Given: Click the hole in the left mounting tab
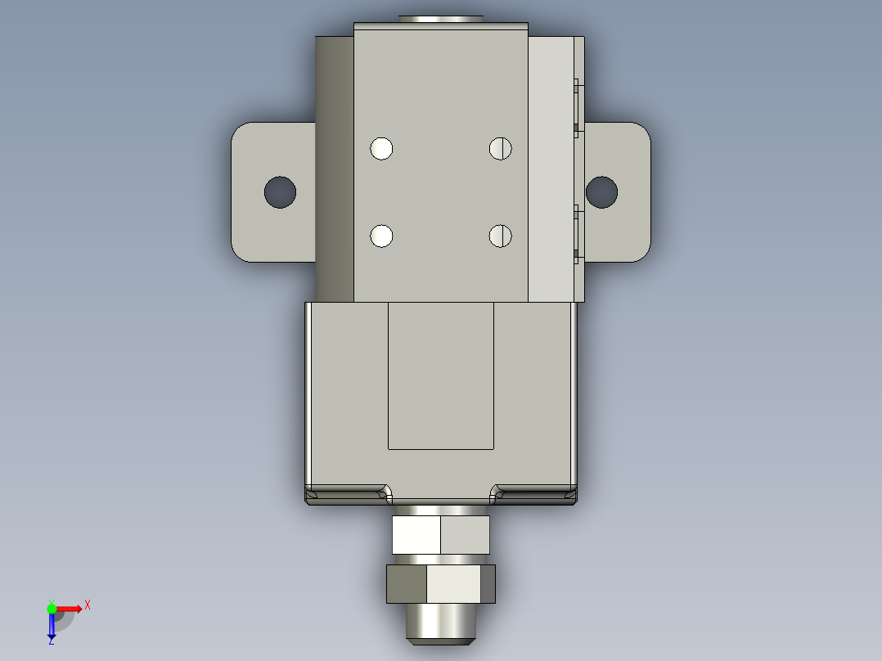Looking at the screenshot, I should pyautogui.click(x=280, y=191).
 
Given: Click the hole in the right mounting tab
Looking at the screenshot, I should pyautogui.click(x=601, y=191).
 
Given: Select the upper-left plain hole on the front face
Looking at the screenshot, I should pyautogui.click(x=381, y=148).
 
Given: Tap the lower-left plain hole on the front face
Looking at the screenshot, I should pyautogui.click(x=381, y=236).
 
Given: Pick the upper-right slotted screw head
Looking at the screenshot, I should pyautogui.click(x=500, y=148).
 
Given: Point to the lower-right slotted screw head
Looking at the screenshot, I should pyautogui.click(x=500, y=236).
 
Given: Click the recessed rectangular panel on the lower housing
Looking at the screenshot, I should pyautogui.click(x=440, y=375).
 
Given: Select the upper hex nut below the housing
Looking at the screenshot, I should pyautogui.click(x=440, y=535).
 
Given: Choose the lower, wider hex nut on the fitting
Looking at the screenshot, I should pyautogui.click(x=440, y=584).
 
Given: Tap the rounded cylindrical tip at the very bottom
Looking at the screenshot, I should pyautogui.click(x=440, y=623).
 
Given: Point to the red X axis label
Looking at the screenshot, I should pyautogui.click(x=88, y=605).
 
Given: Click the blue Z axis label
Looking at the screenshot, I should pyautogui.click(x=52, y=641).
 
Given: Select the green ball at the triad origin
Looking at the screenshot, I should pyautogui.click(x=52, y=608).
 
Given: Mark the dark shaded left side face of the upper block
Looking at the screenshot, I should pyautogui.click(x=335, y=169).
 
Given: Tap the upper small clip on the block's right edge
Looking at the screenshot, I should pyautogui.click(x=576, y=105).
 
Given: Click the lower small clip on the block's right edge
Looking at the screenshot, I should pyautogui.click(x=576, y=233).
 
